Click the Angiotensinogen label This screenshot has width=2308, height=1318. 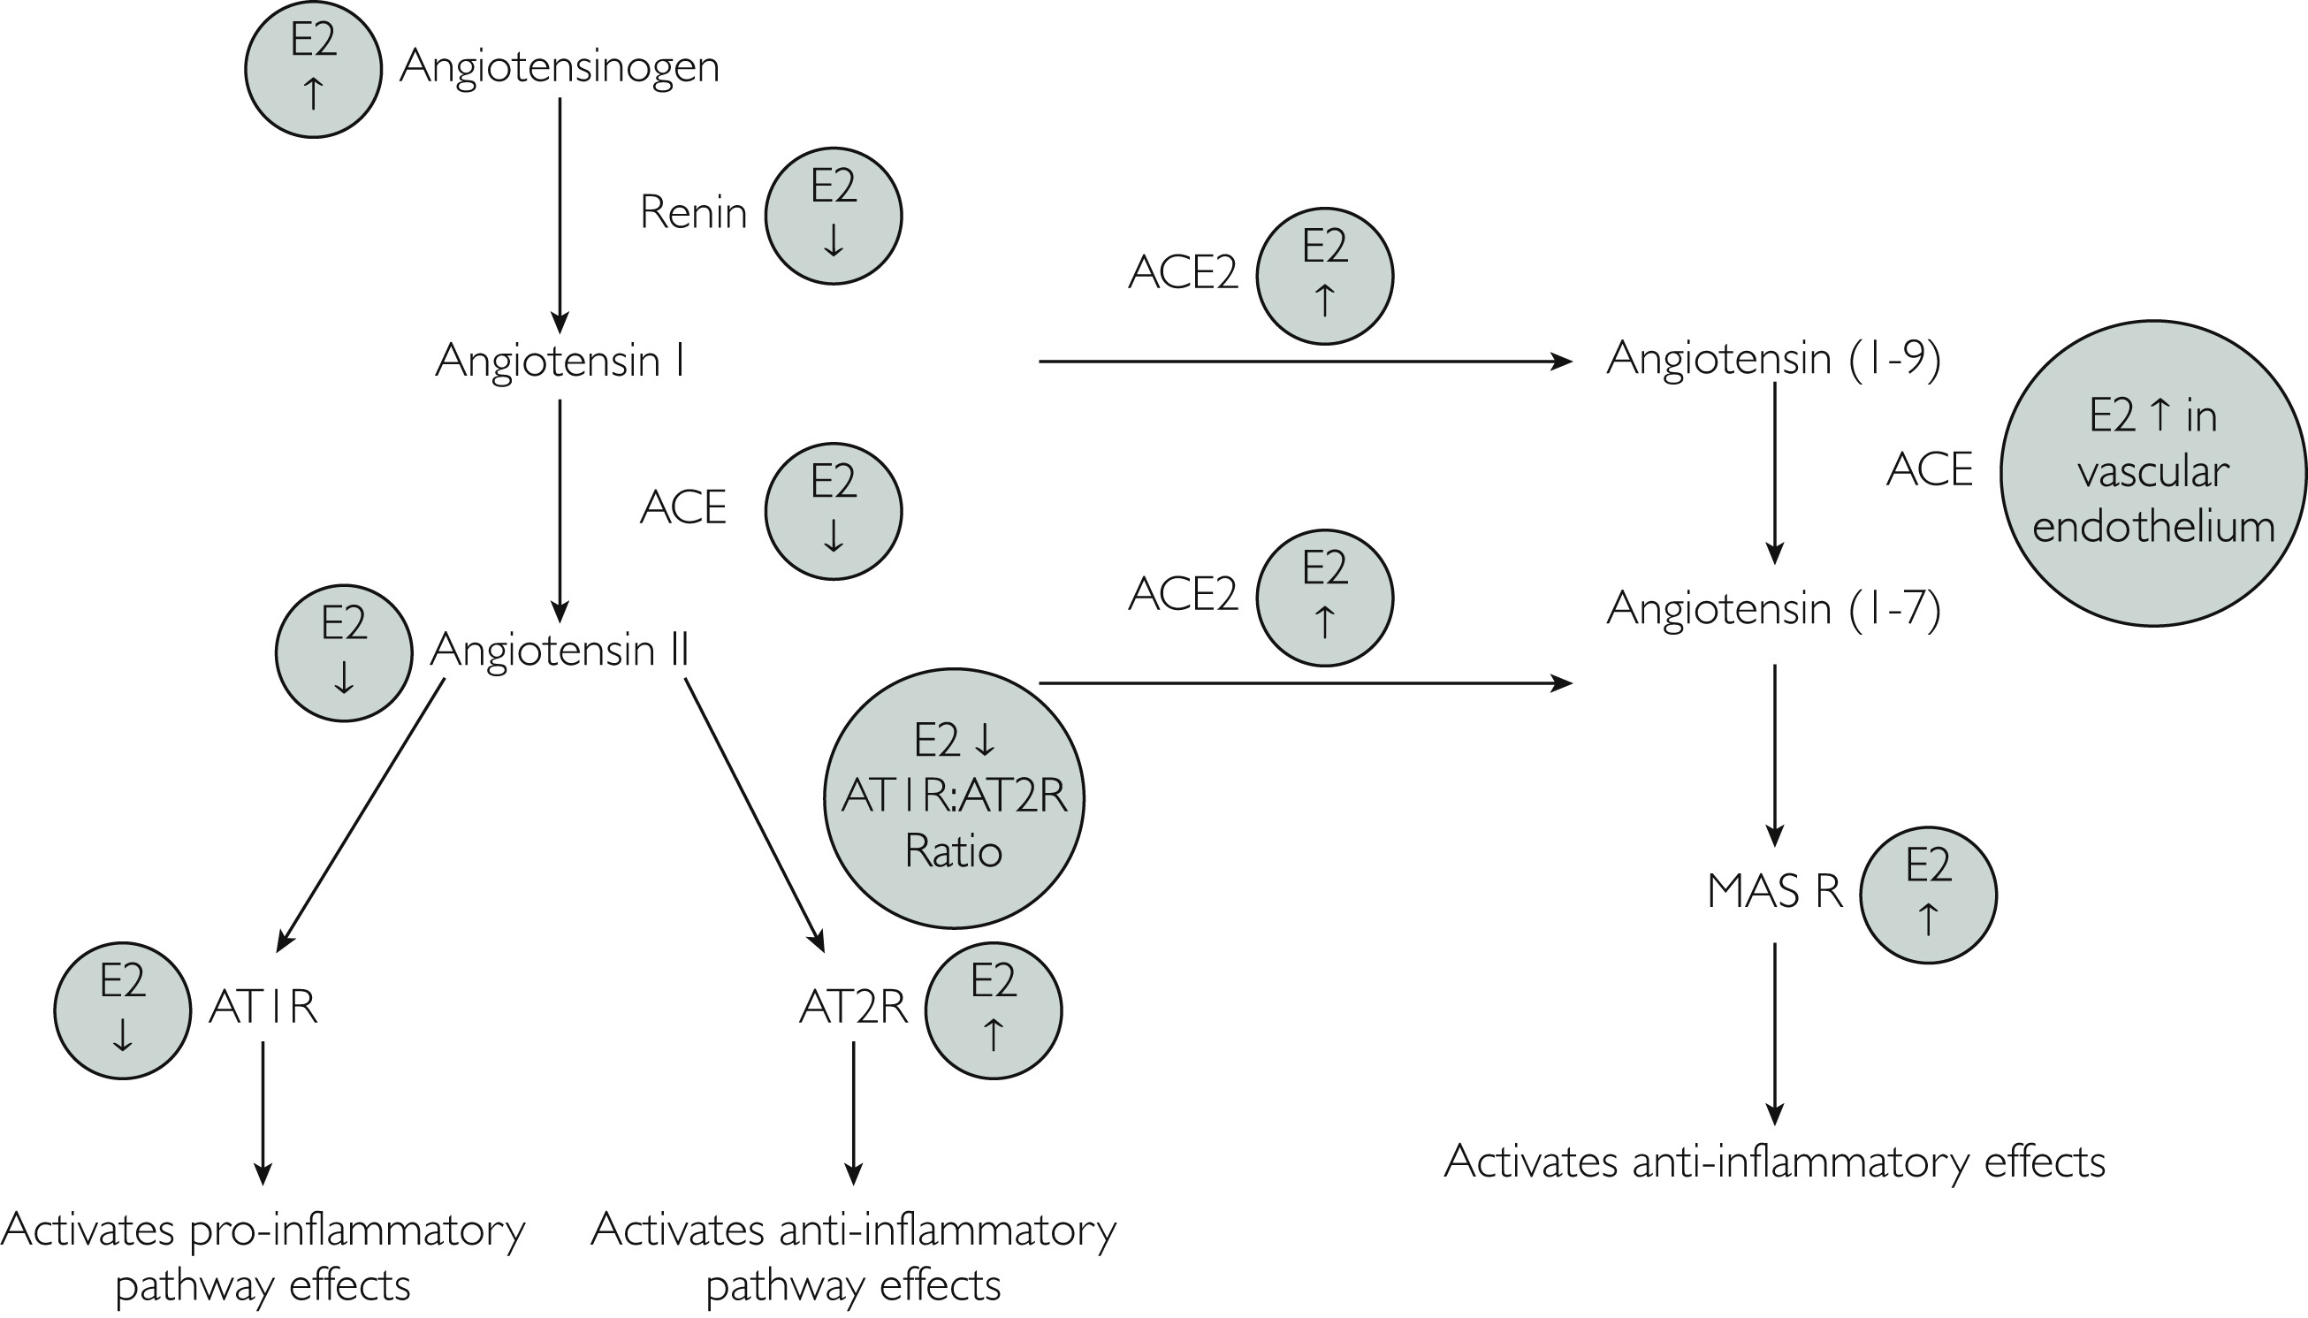[559, 67]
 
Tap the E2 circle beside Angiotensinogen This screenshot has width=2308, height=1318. [313, 70]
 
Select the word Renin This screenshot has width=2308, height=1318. [693, 214]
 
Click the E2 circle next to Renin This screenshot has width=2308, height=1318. [833, 217]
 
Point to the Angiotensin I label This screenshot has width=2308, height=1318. [560, 361]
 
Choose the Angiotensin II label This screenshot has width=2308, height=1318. [560, 649]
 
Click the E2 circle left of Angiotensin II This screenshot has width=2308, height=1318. [344, 651]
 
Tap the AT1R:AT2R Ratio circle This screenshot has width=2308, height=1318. [954, 797]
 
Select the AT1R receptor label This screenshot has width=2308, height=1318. [263, 1007]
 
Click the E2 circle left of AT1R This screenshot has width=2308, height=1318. [123, 1010]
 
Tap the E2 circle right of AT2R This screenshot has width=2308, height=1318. [993, 1010]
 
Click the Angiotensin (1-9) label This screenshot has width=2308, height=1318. [1773, 359]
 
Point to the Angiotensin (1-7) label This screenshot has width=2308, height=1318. [1773, 608]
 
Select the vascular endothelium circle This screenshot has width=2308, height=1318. [2153, 473]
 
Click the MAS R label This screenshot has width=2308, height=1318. [1774, 893]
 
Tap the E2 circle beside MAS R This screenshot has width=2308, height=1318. [1928, 895]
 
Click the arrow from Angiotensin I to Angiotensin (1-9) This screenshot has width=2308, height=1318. [1303, 362]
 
